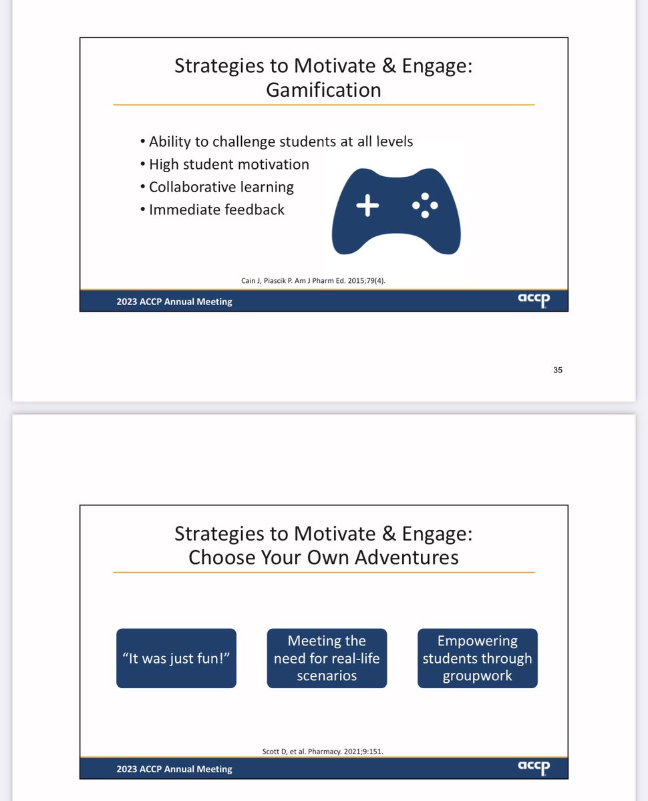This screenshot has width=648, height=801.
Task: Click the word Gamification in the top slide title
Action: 323,89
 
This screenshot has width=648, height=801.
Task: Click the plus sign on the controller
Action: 367,206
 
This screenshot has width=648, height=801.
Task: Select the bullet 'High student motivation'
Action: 228,164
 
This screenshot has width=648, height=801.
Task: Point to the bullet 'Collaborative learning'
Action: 221,187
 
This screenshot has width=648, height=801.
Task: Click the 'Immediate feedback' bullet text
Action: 216,210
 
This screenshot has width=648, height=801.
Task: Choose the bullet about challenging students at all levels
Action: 281,142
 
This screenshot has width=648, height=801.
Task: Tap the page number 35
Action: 558,370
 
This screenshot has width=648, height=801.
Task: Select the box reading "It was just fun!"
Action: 176,658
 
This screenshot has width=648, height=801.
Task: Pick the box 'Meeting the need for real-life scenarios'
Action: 327,658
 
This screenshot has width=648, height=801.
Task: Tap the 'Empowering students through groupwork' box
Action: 478,658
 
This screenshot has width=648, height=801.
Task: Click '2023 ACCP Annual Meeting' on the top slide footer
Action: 174,302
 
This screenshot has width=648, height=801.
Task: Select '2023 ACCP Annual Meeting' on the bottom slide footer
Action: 174,769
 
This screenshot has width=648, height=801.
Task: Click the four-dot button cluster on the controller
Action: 425,206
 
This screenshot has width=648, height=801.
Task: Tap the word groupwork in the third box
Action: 477,676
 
